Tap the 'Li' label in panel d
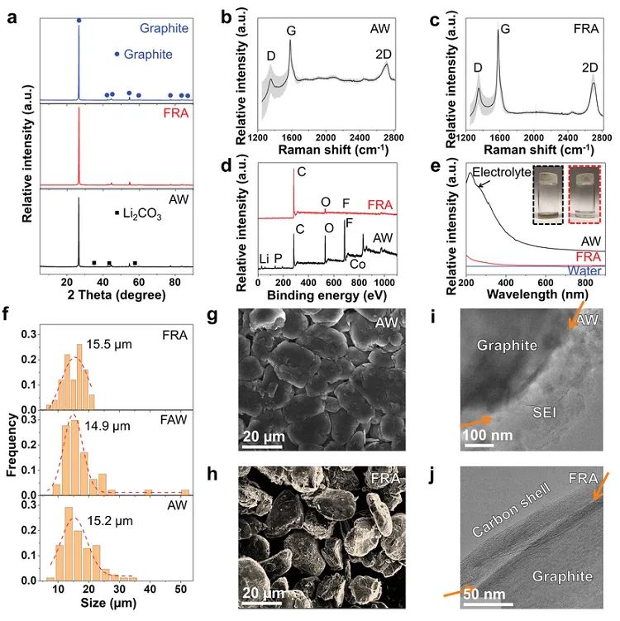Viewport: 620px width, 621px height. [263, 258]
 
